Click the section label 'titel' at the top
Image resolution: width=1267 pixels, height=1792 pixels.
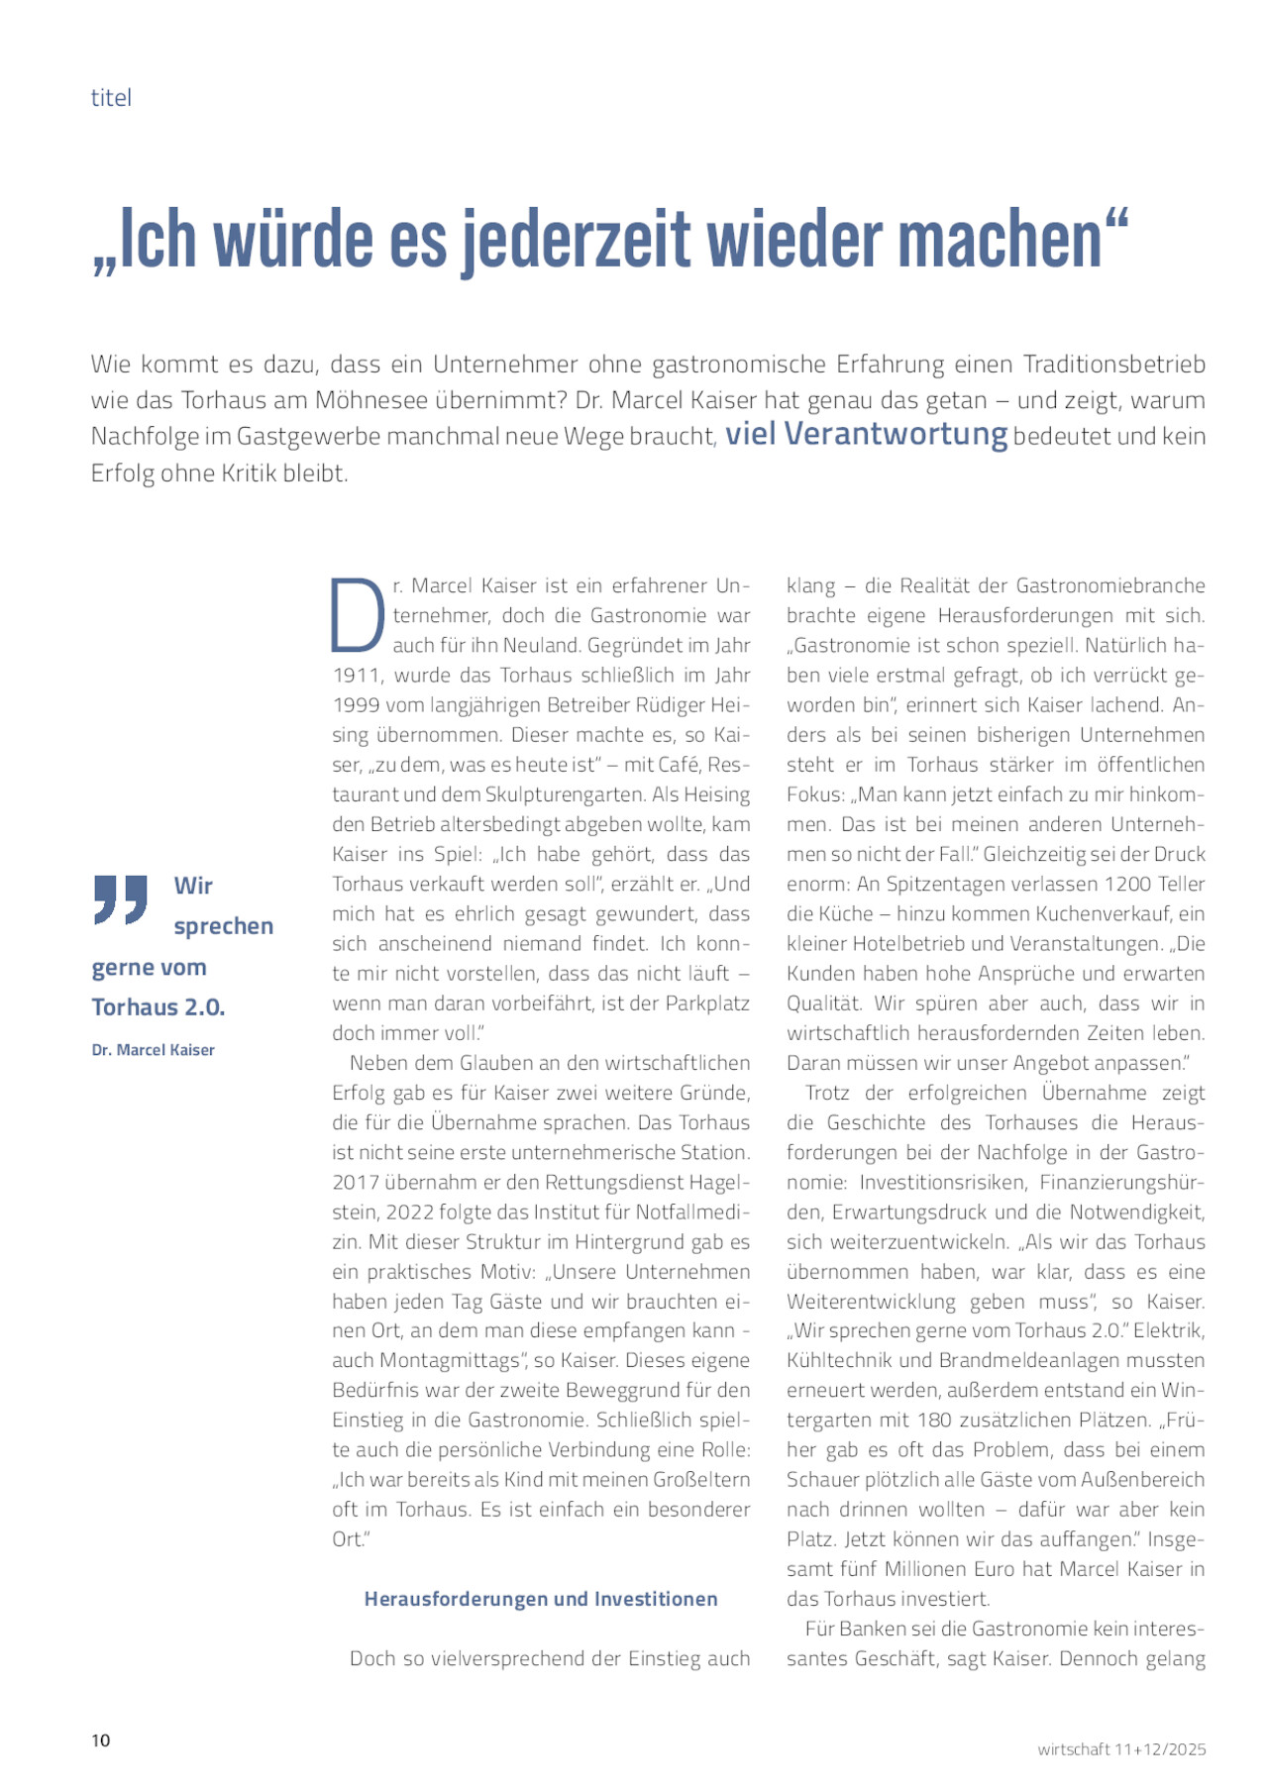pyautogui.click(x=111, y=97)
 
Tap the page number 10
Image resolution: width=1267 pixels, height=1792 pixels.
pyautogui.click(x=101, y=1739)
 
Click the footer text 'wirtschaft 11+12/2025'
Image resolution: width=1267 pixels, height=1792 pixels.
pyautogui.click(x=1121, y=1748)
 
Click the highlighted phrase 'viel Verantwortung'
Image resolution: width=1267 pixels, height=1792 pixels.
pyautogui.click(x=866, y=435)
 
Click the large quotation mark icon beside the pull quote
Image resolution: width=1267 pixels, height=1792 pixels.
pyautogui.click(x=121, y=898)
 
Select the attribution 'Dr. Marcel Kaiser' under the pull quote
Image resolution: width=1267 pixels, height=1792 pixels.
pyautogui.click(x=153, y=1050)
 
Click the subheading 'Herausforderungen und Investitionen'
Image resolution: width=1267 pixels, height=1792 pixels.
pyautogui.click(x=541, y=1599)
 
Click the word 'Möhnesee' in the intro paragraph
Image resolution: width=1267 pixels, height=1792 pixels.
pyautogui.click(x=370, y=400)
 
